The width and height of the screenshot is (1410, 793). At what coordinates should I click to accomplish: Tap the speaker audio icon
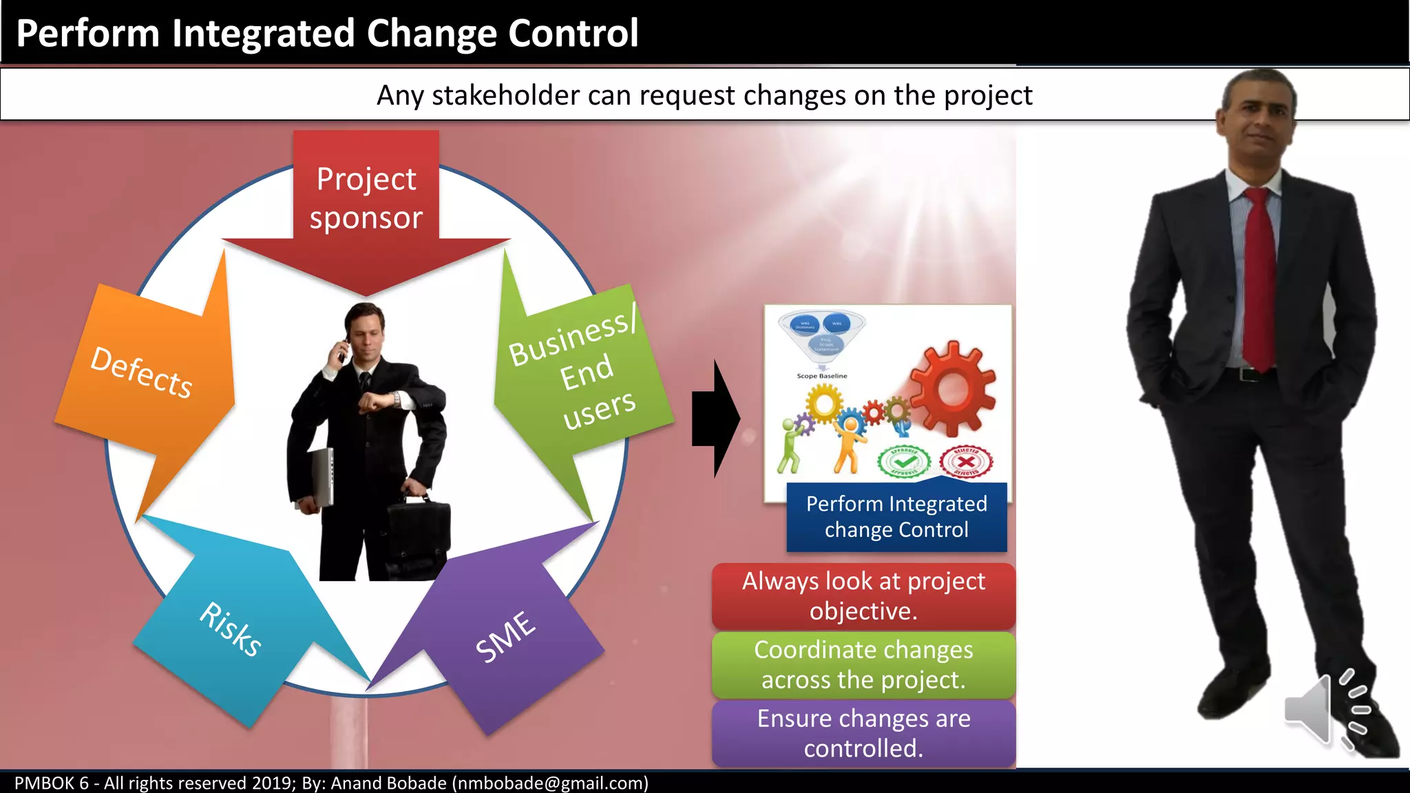pyautogui.click(x=1325, y=709)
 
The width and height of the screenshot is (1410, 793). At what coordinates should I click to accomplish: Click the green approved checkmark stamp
pyautogui.click(x=904, y=462)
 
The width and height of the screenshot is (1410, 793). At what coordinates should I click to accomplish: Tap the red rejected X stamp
pyautogui.click(x=966, y=462)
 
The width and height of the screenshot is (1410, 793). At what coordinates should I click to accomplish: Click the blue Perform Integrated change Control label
pyautogui.click(x=896, y=517)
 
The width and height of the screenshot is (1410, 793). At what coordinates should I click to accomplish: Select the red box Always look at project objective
pyautogui.click(x=863, y=596)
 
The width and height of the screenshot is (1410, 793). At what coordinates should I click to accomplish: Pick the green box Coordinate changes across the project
pyautogui.click(x=863, y=665)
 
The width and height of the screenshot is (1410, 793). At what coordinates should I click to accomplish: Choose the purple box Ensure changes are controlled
pyautogui.click(x=863, y=733)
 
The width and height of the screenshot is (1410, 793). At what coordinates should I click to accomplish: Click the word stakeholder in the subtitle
pyautogui.click(x=505, y=95)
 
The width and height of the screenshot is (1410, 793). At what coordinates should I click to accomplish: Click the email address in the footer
pyautogui.click(x=550, y=783)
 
